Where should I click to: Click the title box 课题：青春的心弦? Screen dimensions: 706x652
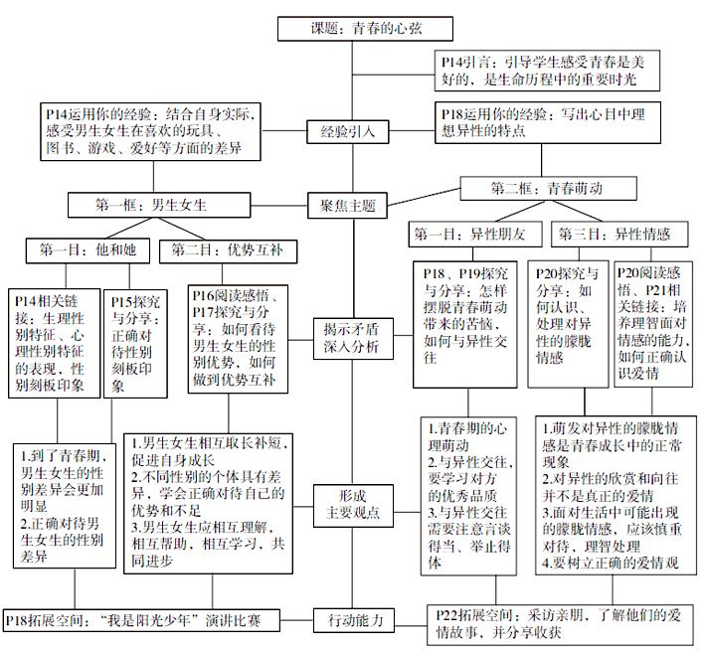tap(365, 29)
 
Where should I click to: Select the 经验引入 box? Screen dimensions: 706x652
tap(348, 132)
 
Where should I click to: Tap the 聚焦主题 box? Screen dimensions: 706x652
tap(347, 206)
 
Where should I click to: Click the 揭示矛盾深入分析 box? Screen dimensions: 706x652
tap(353, 338)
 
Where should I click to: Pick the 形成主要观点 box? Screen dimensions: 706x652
tap(353, 505)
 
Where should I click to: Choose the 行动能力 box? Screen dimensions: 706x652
tap(353, 620)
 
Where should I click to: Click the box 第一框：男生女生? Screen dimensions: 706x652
tap(159, 205)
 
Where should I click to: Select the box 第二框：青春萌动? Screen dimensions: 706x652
tap(549, 188)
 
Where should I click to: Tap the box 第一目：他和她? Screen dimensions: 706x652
tap(88, 250)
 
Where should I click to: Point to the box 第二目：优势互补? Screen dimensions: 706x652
tap(229, 251)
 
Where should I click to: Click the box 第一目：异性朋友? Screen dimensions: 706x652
tap(475, 235)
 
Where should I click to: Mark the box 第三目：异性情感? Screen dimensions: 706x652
tap(619, 235)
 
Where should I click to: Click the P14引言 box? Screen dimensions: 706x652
tap(547, 71)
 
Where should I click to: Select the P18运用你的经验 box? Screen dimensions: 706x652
tap(548, 122)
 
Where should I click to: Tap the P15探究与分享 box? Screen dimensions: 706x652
tap(135, 344)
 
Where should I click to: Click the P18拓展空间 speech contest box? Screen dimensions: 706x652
tap(141, 621)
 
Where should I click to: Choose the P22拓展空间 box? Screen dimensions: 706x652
tap(560, 624)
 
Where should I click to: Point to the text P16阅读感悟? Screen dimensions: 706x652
tap(234, 295)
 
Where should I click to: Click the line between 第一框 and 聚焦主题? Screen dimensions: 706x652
tap(279, 206)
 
